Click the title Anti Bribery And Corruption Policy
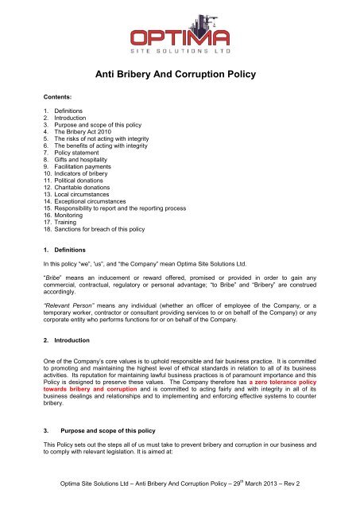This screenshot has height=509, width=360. pyautogui.click(x=180, y=76)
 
